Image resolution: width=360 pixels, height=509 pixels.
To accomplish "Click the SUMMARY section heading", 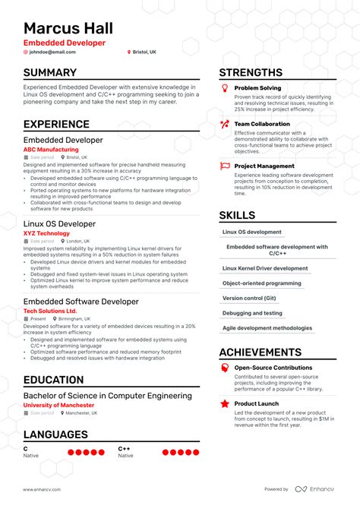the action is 50,73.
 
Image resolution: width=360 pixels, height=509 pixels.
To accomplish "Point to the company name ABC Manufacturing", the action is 51,150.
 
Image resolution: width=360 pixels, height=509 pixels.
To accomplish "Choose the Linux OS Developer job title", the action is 59,224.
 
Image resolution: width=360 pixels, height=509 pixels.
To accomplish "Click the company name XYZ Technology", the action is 46,232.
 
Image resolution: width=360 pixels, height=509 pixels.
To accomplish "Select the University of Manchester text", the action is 59,405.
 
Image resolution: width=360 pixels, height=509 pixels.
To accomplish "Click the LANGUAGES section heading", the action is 55,435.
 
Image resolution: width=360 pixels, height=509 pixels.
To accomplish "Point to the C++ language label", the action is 124,449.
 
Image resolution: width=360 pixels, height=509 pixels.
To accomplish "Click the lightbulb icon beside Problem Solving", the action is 224,89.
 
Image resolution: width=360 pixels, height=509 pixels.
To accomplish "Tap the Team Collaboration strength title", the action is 262,124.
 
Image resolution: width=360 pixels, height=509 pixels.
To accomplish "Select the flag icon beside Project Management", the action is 224,166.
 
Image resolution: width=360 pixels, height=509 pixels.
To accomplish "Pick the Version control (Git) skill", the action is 249,298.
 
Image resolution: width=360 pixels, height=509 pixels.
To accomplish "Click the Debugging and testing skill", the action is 252,313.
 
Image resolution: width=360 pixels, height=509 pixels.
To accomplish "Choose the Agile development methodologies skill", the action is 267,328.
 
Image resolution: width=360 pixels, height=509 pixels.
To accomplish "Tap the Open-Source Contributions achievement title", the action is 273,368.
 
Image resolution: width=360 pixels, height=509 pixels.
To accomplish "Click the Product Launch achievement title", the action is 257,403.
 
